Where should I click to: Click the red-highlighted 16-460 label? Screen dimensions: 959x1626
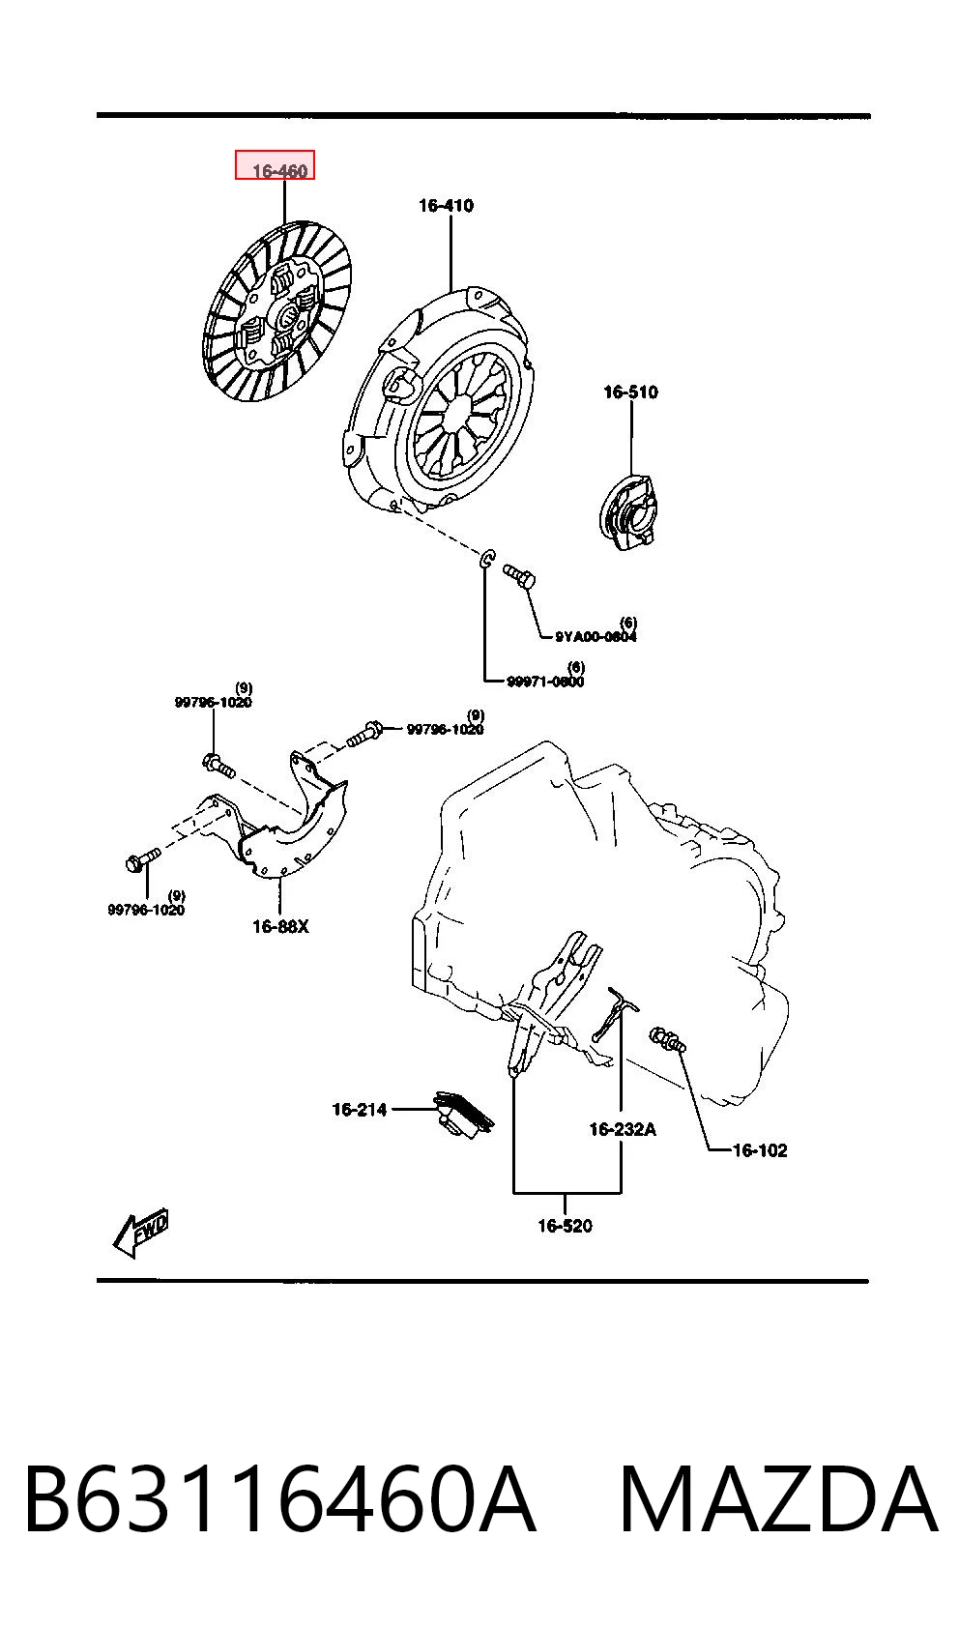279,170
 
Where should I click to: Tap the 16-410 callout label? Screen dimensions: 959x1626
446,206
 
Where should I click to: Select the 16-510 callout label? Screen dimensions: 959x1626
630,392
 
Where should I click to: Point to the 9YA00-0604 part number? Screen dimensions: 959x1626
596,637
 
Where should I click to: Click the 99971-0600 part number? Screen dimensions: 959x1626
545,681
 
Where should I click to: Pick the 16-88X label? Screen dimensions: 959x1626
280,927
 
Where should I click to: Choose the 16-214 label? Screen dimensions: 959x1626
360,1109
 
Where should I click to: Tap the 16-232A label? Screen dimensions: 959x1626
623,1129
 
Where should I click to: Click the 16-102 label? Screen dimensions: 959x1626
759,1150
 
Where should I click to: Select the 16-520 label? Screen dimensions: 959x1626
565,1226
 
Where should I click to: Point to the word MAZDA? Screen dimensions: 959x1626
778,1499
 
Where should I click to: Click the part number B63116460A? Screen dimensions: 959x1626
280,1499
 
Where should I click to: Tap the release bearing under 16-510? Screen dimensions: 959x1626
626,511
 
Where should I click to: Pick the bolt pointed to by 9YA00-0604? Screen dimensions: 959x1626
519,576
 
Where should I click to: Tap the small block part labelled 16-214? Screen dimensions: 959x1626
463,1113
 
